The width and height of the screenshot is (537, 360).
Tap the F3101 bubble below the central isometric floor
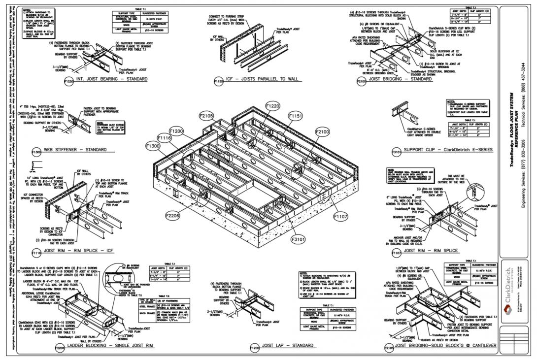pos(296,240)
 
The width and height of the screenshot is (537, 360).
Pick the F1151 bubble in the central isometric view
pos(295,116)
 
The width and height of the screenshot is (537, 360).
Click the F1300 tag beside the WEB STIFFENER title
pos(36,152)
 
